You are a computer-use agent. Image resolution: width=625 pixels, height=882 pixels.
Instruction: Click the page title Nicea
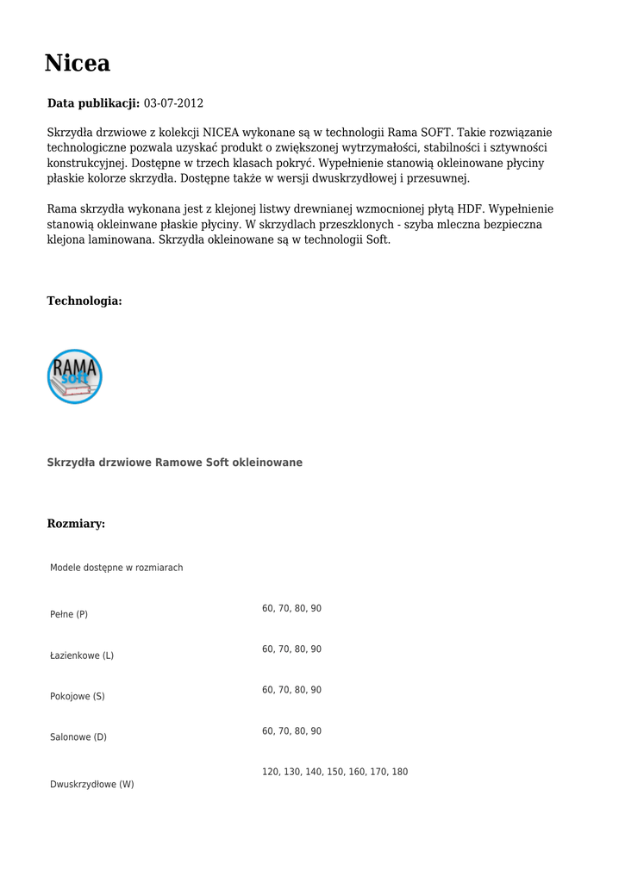point(78,64)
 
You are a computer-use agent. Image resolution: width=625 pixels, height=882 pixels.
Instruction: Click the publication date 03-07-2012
point(173,103)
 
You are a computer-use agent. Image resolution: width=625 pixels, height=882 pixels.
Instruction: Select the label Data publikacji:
point(93,103)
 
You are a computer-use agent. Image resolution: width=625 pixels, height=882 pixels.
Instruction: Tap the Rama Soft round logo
point(75,376)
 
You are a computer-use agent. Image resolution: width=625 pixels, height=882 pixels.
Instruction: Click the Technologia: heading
point(84,301)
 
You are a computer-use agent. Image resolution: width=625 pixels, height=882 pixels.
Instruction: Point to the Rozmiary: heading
point(76,524)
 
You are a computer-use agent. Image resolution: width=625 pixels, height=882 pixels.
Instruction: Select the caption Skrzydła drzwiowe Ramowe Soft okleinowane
point(174,463)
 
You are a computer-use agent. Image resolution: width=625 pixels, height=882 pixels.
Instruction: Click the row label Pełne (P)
point(69,614)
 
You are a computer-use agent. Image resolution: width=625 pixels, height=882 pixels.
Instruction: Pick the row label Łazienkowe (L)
point(82,655)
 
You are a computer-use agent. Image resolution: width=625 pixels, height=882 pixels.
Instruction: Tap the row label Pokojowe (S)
point(78,696)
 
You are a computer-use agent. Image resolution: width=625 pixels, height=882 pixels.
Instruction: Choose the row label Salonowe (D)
point(78,737)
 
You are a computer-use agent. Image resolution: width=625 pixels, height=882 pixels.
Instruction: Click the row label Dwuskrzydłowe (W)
point(92,785)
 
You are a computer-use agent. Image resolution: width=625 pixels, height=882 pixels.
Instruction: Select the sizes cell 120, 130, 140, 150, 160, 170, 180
point(334,772)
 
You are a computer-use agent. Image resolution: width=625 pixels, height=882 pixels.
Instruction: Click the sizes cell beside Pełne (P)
point(291,608)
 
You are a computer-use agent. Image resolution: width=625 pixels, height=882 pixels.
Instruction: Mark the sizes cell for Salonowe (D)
point(291,731)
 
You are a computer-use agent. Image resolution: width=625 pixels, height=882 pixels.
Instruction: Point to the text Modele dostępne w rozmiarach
point(116,568)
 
